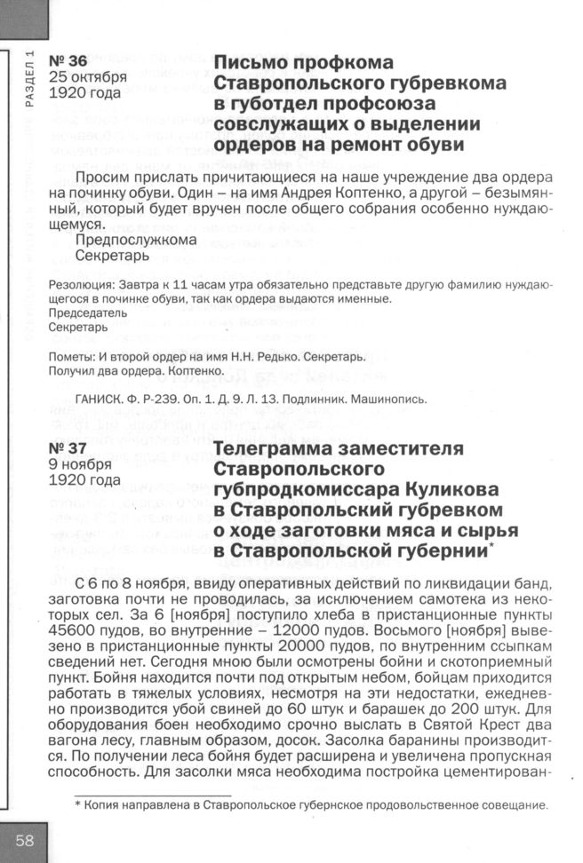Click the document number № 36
click(x=68, y=61)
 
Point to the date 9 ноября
click(x=80, y=463)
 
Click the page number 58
click(x=24, y=841)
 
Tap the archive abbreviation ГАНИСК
click(x=104, y=399)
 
